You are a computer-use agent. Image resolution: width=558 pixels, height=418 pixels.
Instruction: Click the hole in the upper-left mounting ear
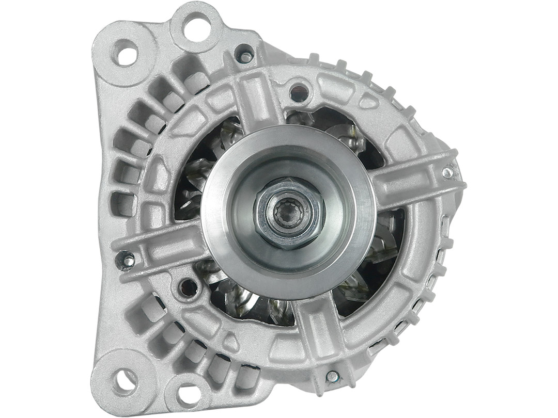click(x=126, y=53)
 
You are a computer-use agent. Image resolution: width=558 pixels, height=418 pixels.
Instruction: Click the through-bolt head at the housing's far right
click(x=447, y=172)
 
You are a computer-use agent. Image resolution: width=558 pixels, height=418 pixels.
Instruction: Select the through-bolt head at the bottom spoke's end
click(x=332, y=376)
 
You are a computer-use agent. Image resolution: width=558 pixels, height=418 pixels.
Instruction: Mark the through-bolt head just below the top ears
click(x=245, y=55)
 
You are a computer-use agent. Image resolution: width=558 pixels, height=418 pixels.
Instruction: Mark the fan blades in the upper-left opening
click(x=207, y=165)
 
